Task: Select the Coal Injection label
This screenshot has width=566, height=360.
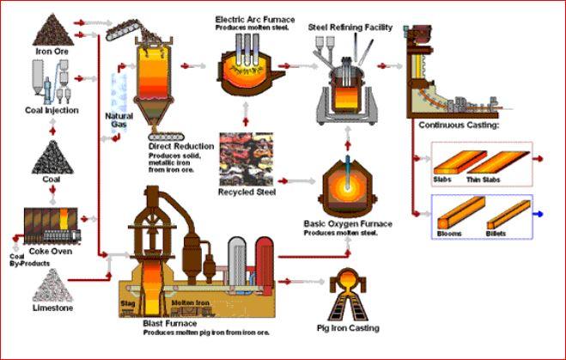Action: click(52, 110)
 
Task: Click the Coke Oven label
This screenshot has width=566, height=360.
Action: click(52, 251)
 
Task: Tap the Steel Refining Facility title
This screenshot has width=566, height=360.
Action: click(350, 27)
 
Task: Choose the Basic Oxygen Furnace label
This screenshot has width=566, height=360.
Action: click(348, 223)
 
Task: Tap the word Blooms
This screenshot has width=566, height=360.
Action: click(447, 233)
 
